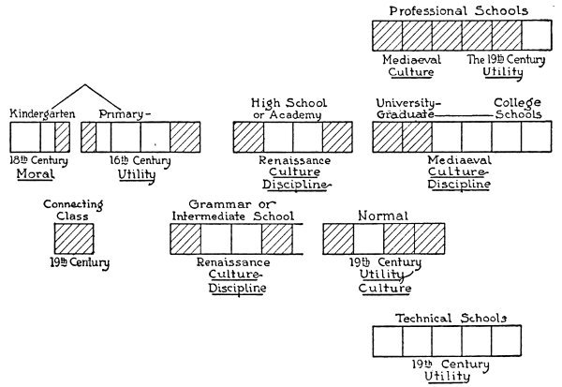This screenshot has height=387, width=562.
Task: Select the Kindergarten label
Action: pyautogui.click(x=41, y=113)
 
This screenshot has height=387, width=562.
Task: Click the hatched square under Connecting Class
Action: pyautogui.click(x=71, y=238)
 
